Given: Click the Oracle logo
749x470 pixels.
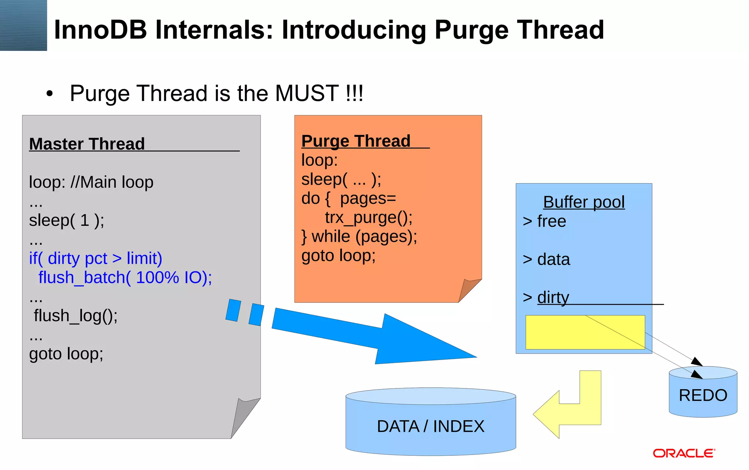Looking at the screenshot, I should coord(684,454).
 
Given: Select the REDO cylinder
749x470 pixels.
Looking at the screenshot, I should coord(703,395).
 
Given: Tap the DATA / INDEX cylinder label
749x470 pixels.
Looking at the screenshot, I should coord(430,426).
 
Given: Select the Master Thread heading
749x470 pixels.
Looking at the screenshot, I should coord(87,144).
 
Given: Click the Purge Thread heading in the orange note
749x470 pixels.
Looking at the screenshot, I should coord(356,141).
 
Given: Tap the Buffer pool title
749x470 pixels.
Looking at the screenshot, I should coord(584,202).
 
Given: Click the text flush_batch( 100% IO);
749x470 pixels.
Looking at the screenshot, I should coord(125,277).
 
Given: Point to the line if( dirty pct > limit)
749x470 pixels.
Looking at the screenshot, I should coord(95,258).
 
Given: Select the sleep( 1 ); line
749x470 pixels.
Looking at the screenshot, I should coord(67,220).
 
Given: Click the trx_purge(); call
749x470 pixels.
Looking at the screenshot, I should coord(369,218).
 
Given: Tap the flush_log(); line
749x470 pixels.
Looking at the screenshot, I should coord(76,316).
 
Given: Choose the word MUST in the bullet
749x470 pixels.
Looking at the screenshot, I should coord(307,93).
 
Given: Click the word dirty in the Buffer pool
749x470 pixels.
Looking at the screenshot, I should coord(553,297).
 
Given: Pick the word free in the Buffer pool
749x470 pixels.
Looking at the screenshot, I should coord(552,221).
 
